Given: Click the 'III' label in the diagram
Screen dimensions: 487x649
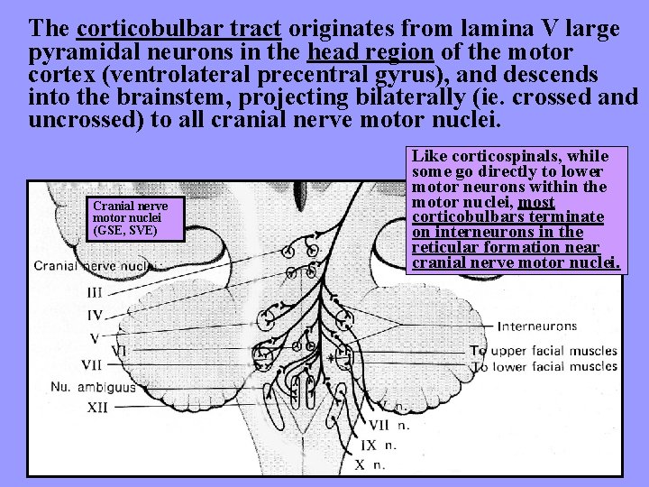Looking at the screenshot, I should (95, 292).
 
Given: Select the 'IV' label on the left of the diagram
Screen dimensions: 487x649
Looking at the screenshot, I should (95, 316).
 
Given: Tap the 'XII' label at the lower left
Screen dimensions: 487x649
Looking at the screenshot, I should (96, 408).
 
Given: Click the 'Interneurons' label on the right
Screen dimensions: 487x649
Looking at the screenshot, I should (538, 326).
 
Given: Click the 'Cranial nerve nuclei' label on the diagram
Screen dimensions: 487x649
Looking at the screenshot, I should (94, 266).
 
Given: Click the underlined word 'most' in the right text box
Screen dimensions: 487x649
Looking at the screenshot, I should (536, 203).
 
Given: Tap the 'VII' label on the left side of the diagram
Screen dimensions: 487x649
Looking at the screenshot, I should (91, 365).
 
